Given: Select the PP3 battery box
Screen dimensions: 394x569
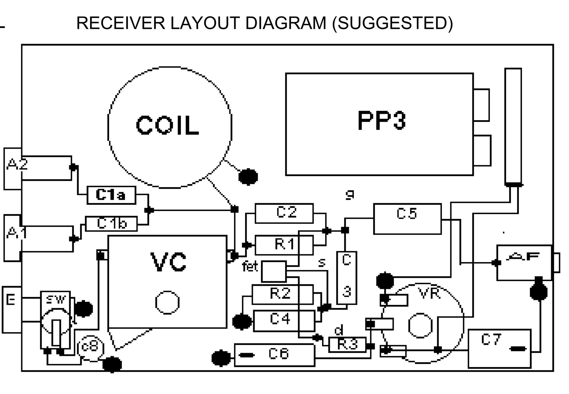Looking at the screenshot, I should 379,124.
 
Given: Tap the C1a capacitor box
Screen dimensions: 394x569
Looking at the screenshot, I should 111,195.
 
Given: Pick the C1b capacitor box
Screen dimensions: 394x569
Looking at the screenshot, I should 111,224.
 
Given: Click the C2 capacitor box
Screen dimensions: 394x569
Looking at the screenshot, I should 284,213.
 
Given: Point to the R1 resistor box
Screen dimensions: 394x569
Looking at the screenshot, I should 284,245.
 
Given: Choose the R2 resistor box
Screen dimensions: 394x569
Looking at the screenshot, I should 282,294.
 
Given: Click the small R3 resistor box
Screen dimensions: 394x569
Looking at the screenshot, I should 347,345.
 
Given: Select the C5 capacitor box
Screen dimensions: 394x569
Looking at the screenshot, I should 407,219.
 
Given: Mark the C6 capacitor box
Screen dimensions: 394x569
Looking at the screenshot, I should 274,355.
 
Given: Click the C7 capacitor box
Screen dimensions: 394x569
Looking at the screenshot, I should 499,348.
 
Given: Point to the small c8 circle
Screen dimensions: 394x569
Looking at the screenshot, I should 90,348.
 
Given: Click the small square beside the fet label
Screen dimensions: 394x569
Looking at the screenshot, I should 274,271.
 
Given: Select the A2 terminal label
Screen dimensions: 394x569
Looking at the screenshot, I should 17,164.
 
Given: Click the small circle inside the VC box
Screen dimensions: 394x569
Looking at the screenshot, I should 167,303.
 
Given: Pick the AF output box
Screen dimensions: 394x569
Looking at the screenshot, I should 524,263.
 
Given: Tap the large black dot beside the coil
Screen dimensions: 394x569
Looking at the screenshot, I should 248,177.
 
